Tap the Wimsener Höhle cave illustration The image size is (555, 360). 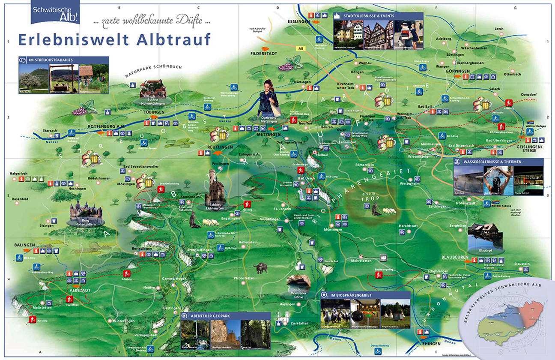point(299,282)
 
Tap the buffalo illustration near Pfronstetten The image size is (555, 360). point(260,268)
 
